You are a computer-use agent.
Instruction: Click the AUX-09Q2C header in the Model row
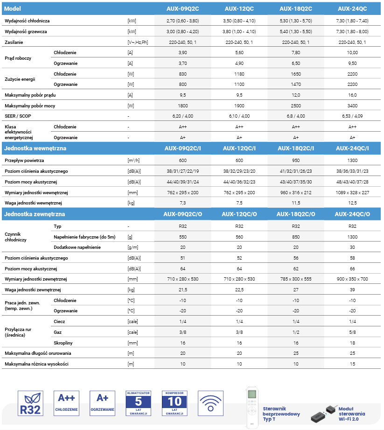click(x=182, y=9)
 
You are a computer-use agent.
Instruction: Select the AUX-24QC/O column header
click(x=352, y=214)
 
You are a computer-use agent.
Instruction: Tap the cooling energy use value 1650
click(x=296, y=74)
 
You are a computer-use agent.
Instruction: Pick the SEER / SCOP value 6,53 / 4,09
click(x=352, y=116)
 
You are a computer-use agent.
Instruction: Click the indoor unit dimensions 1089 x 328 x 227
click(x=352, y=193)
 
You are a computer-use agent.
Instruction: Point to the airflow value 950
click(x=296, y=161)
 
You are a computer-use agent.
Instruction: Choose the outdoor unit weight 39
click(x=352, y=290)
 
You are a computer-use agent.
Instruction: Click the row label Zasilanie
click(x=14, y=42)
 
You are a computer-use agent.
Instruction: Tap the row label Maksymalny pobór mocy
click(x=30, y=106)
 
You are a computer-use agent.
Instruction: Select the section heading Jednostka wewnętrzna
click(x=35, y=148)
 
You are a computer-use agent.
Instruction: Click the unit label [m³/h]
click(x=133, y=161)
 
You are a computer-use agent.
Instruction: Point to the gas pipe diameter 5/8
click(x=352, y=332)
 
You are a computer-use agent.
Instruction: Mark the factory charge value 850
click(x=296, y=237)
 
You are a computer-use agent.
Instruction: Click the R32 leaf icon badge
click(x=30, y=403)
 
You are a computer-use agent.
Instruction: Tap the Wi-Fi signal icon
click(x=210, y=403)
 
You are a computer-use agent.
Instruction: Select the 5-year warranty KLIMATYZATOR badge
click(x=139, y=403)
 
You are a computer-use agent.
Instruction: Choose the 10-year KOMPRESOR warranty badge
click(x=175, y=403)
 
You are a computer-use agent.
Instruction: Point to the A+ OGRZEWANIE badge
click(x=103, y=403)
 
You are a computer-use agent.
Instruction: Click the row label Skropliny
click(x=63, y=343)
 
